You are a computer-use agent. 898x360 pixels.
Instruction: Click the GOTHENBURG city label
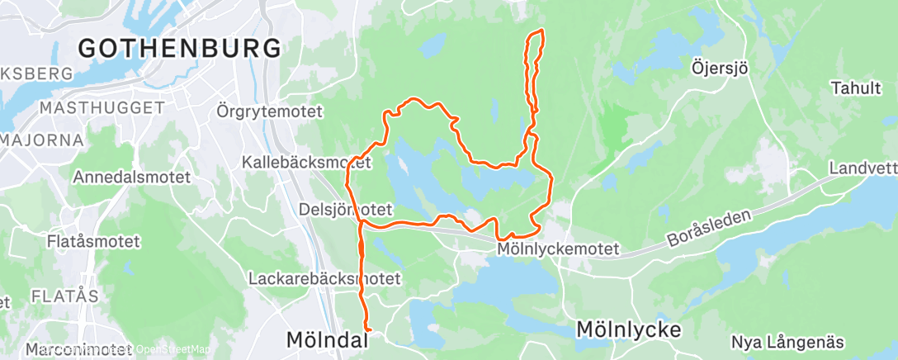click(x=179, y=48)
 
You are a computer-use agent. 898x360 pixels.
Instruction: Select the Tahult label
click(x=857, y=88)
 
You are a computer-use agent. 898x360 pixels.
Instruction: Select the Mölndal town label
click(x=324, y=339)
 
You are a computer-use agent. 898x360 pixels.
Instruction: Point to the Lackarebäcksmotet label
click(x=324, y=279)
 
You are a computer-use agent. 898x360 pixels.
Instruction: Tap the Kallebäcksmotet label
click(x=307, y=161)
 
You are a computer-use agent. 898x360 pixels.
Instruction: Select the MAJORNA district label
click(x=41, y=140)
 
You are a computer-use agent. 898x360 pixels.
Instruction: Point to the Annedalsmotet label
click(x=131, y=177)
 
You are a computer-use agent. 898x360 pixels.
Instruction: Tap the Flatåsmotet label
click(x=93, y=243)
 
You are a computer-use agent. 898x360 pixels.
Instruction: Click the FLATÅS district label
click(x=64, y=296)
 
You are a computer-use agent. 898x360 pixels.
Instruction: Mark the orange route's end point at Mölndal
click(x=366, y=330)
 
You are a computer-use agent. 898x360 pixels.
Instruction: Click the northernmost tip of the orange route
click(x=541, y=31)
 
